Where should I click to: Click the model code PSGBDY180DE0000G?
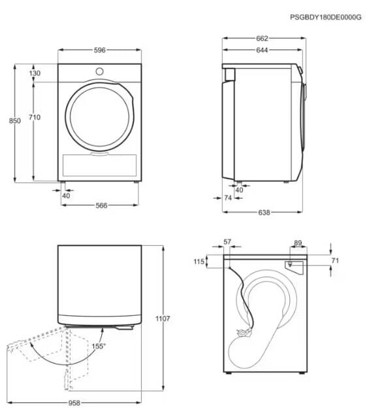pyautogui.click(x=326, y=17)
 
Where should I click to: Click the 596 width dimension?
pyautogui.click(x=100, y=50)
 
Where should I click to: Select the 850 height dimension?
pyautogui.click(x=15, y=121)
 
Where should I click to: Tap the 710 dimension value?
pyautogui.click(x=35, y=117)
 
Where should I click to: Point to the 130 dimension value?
pyautogui.click(x=35, y=73)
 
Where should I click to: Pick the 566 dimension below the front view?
pyautogui.click(x=101, y=205)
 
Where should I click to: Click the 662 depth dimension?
pyautogui.click(x=262, y=39)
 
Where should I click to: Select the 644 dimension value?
pyautogui.click(x=262, y=50)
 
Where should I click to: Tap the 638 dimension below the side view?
pyautogui.click(x=264, y=212)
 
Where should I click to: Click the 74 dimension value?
pyautogui.click(x=228, y=198)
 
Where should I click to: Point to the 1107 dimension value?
pyautogui.click(x=163, y=319)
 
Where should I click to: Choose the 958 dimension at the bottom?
pyautogui.click(x=74, y=403)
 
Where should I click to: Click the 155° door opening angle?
pyautogui.click(x=99, y=346)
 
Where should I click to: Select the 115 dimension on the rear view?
pyautogui.click(x=199, y=262)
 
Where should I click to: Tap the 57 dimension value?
pyautogui.click(x=227, y=242)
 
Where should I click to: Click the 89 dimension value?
pyautogui.click(x=298, y=243)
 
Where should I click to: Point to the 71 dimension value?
pyautogui.click(x=335, y=260)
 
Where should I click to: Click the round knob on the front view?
pyautogui.click(x=100, y=71)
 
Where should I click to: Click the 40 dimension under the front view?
pyautogui.click(x=66, y=196)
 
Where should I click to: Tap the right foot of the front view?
pyautogui.click(x=136, y=182)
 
